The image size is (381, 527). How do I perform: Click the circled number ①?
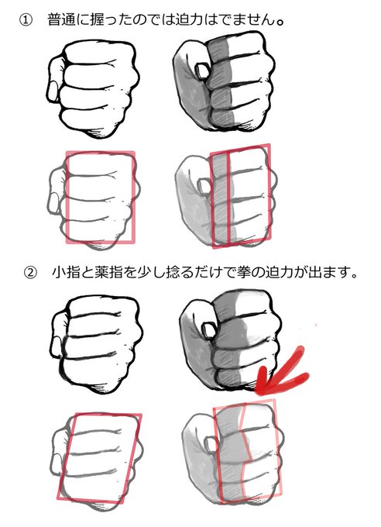coord(26,20)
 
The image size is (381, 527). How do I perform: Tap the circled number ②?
coord(30,272)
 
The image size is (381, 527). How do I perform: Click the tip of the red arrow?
coord(257,391)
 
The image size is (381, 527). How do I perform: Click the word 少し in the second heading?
coord(144,272)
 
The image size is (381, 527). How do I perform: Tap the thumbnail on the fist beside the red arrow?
coord(208,328)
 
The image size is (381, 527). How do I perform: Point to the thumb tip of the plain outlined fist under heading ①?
coord(52,91)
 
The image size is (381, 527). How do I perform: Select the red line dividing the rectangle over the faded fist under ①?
coord(228,198)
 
